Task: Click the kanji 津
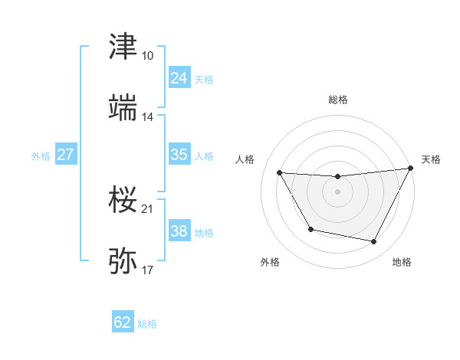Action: [x=123, y=47]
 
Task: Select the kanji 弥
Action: [x=123, y=260]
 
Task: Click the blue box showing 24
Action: [x=179, y=78]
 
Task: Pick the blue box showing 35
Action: [x=179, y=155]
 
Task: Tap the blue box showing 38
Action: [x=179, y=231]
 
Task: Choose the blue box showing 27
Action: [x=65, y=155]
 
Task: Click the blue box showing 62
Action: [x=123, y=322]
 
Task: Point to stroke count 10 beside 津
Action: [x=147, y=56]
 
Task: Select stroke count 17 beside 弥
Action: [x=147, y=270]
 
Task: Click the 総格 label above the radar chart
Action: [x=337, y=100]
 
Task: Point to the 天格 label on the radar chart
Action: [x=431, y=159]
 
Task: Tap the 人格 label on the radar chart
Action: [x=245, y=159]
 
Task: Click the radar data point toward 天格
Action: [x=412, y=168]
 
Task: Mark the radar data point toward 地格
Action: [x=374, y=242]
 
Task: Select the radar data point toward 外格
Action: [x=310, y=229]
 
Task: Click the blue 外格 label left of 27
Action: [x=41, y=155]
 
